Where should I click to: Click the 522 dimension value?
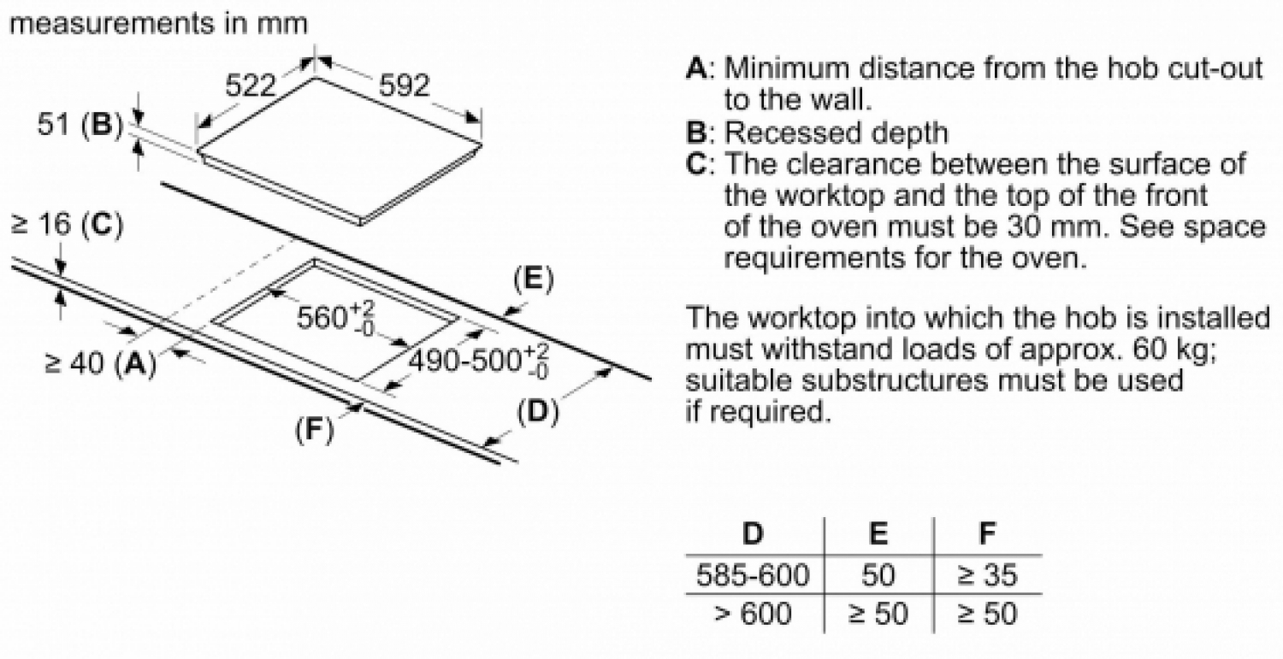(x=251, y=86)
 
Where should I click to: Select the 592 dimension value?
(x=404, y=85)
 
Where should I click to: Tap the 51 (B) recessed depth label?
(x=80, y=124)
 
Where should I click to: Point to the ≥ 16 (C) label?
(x=67, y=224)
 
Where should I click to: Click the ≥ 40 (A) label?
(x=100, y=363)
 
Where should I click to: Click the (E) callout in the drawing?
(x=534, y=280)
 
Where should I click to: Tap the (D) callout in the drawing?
(x=538, y=412)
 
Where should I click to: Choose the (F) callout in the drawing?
(x=314, y=429)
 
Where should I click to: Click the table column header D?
(x=753, y=533)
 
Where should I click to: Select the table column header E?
(x=878, y=533)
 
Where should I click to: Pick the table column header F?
(x=987, y=533)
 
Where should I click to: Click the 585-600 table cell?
(x=753, y=574)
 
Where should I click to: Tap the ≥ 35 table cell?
(x=987, y=574)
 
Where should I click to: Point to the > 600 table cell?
(x=753, y=613)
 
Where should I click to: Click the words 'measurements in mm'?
(x=158, y=23)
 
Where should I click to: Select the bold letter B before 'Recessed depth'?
(x=697, y=132)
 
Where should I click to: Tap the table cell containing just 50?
(x=878, y=574)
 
